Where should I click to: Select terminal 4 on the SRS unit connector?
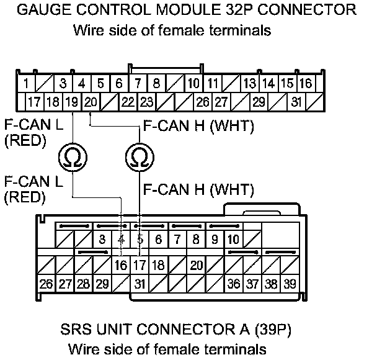coord(120,239)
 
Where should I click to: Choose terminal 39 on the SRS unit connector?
coord(290,284)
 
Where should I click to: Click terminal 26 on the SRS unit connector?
coord(46,284)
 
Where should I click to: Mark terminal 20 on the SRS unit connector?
coord(197,266)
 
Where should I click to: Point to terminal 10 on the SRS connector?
coord(234,239)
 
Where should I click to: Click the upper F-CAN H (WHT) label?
coord(198,127)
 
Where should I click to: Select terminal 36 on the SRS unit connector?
coord(234,284)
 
